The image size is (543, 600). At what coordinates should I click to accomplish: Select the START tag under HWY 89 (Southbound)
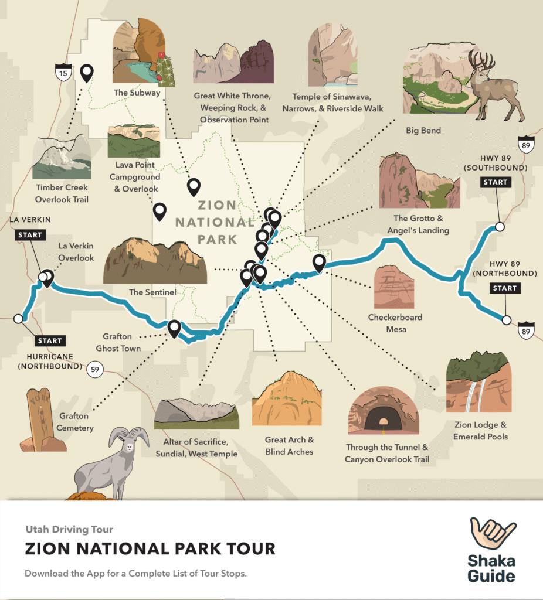(496, 182)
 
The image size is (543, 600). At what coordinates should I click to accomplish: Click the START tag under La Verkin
(30, 235)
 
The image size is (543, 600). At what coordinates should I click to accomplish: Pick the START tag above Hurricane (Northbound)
(49, 340)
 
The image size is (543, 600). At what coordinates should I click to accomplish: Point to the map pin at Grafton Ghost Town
(174, 328)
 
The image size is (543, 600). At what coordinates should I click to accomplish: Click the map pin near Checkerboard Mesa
(319, 263)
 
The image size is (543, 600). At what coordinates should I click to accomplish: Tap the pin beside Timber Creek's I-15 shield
(87, 73)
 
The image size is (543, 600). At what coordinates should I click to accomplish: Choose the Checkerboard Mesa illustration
(393, 287)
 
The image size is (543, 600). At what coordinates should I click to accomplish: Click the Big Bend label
(423, 130)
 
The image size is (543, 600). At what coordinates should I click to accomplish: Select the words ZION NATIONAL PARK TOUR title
(150, 549)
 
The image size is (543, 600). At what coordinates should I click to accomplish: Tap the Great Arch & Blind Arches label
(289, 446)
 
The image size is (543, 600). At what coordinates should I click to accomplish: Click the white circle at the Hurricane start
(18, 319)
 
